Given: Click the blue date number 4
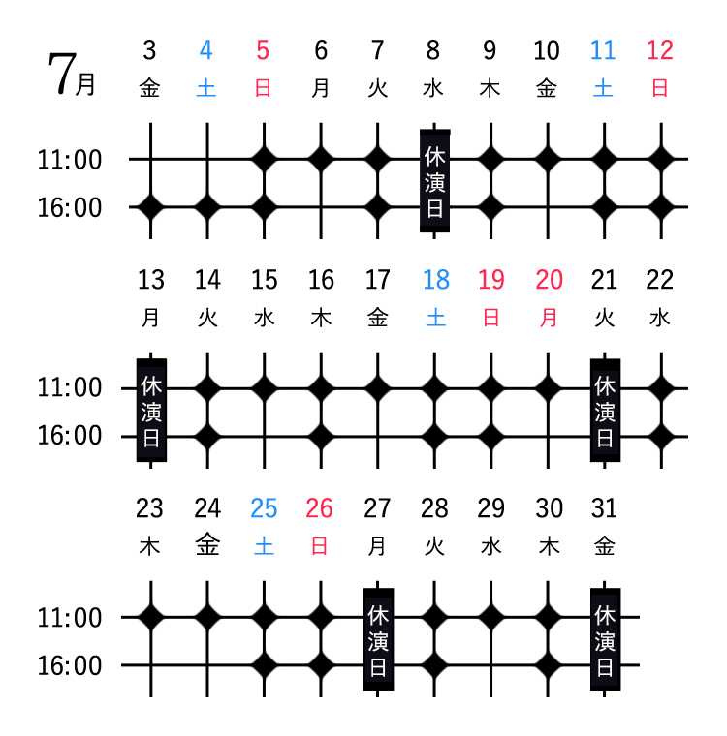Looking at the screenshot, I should (x=205, y=50).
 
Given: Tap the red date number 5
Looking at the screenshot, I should (x=263, y=50).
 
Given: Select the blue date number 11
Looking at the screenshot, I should (x=602, y=50).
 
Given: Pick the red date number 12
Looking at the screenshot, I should (x=659, y=50).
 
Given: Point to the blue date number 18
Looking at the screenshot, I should (x=435, y=280).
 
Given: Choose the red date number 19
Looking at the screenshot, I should (x=490, y=280).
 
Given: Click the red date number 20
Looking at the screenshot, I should (x=549, y=280).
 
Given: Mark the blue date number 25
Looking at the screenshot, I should (x=264, y=508).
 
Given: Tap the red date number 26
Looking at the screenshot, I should (x=319, y=508).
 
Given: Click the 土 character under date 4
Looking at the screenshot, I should (x=205, y=88).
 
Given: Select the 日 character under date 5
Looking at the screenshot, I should (x=263, y=88).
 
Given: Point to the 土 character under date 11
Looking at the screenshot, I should (x=603, y=88).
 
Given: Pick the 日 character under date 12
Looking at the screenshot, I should (x=660, y=88).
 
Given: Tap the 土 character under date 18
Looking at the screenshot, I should (x=435, y=318).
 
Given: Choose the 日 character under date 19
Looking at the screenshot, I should (x=491, y=318).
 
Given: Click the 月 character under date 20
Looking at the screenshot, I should (x=549, y=318).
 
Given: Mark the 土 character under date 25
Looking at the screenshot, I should (x=264, y=546).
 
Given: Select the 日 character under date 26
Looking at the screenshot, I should (x=319, y=546).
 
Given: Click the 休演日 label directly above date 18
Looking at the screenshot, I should (x=434, y=181).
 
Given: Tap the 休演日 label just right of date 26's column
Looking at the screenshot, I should (x=378, y=640).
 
